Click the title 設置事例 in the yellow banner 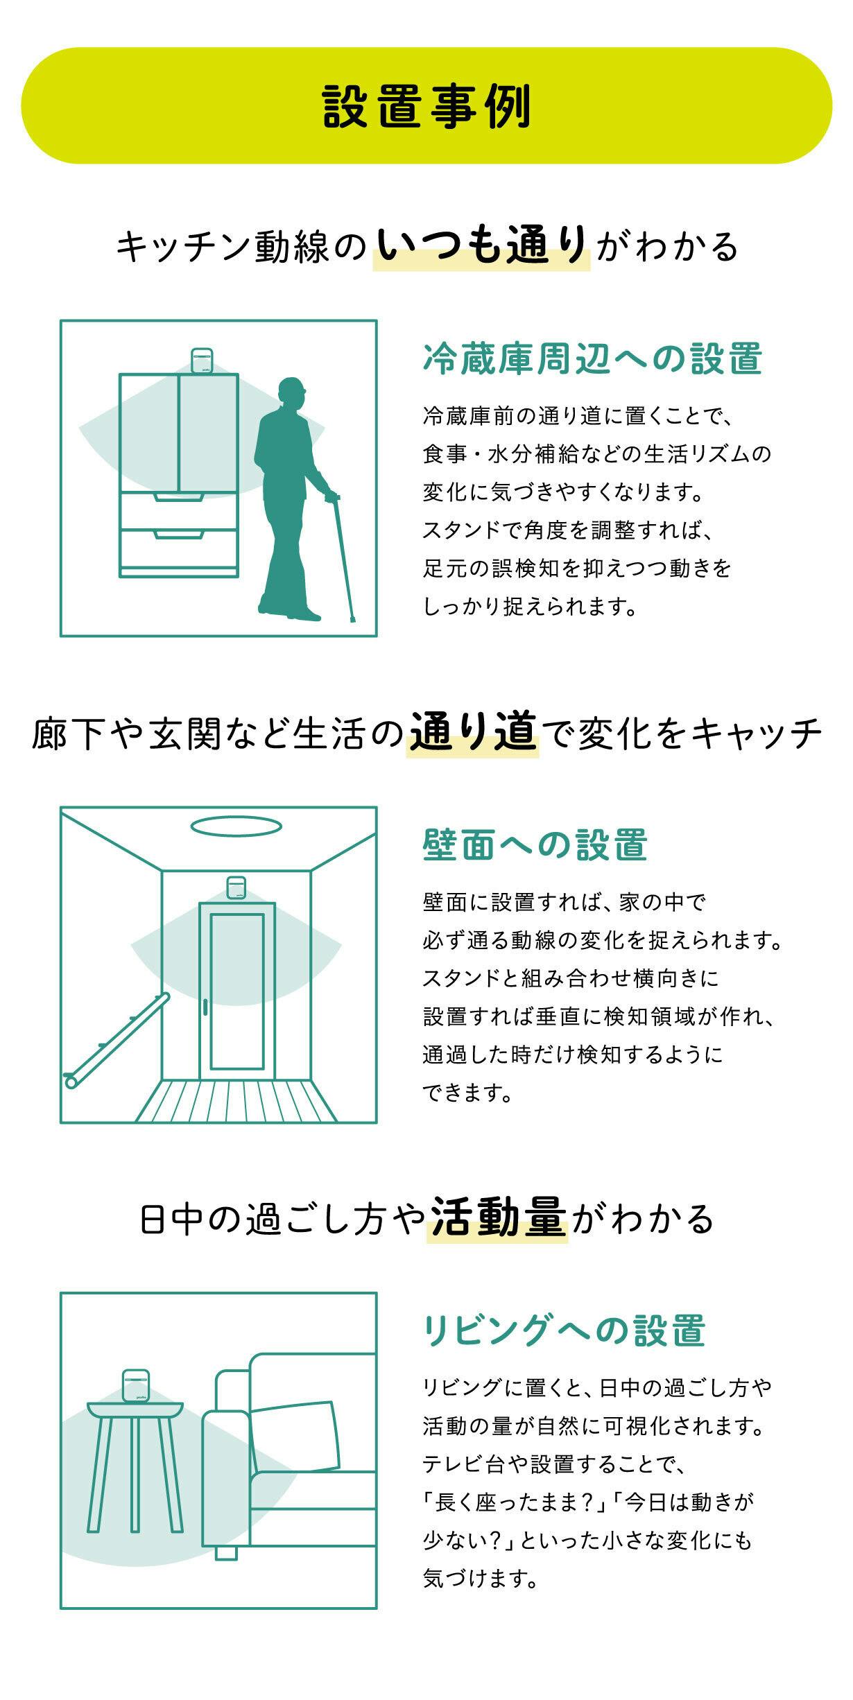426,106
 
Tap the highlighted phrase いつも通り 482,245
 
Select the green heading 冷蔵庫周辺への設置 592,358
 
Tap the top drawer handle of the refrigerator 178,496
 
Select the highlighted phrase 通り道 474,733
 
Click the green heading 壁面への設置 535,844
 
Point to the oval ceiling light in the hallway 236,826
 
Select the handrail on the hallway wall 116,1041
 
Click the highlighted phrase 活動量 498,1218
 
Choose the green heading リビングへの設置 564,1330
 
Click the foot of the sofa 226,1552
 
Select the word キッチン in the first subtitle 185,246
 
